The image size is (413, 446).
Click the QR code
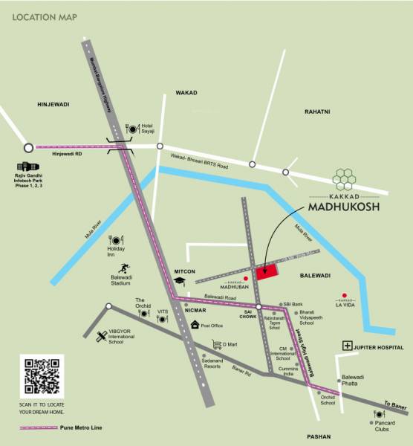click(x=42, y=377)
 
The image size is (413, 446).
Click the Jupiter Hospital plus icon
click(x=347, y=346)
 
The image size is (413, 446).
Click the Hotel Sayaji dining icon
click(x=133, y=129)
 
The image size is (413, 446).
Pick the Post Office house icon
click(x=195, y=325)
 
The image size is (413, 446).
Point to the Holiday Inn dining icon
click(x=116, y=239)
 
